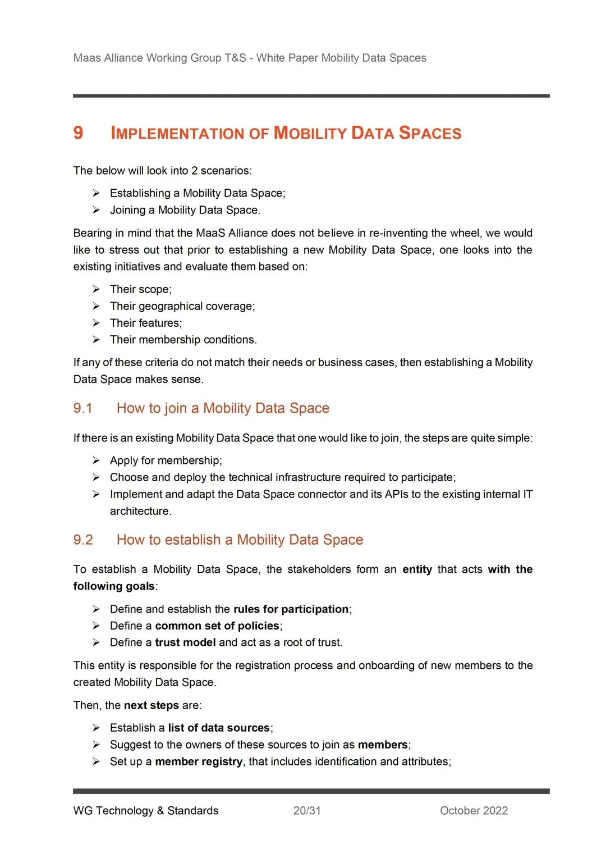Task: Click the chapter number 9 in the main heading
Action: tap(78, 133)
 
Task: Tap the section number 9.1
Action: tap(82, 408)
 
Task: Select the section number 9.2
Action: tap(83, 540)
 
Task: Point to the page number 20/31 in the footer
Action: tap(307, 810)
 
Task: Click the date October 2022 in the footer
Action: tap(474, 810)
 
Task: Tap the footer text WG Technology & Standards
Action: tap(146, 810)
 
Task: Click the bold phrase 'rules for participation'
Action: tap(291, 609)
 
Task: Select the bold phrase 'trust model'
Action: tap(185, 642)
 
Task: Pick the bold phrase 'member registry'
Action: tap(199, 761)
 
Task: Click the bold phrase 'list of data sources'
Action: tap(219, 728)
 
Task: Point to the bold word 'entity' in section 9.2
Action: tap(417, 569)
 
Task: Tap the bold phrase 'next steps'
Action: tap(151, 705)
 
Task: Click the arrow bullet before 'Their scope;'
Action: tap(97, 289)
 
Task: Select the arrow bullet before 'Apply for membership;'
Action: tap(97, 460)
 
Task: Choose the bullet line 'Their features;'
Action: tap(146, 323)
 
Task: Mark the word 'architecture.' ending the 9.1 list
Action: tap(141, 511)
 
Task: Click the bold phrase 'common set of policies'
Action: tap(217, 626)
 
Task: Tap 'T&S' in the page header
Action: tap(235, 58)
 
